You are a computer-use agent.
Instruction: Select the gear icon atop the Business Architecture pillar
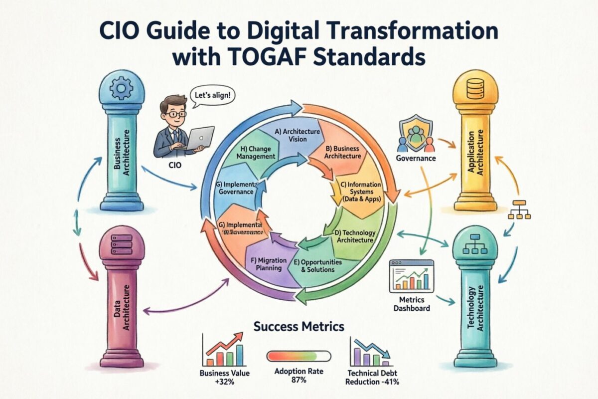[x=121, y=89]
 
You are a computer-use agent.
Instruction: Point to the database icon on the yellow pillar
[x=475, y=89]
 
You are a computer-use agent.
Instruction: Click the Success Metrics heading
[x=299, y=328]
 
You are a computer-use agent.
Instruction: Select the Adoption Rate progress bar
[x=299, y=356]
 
